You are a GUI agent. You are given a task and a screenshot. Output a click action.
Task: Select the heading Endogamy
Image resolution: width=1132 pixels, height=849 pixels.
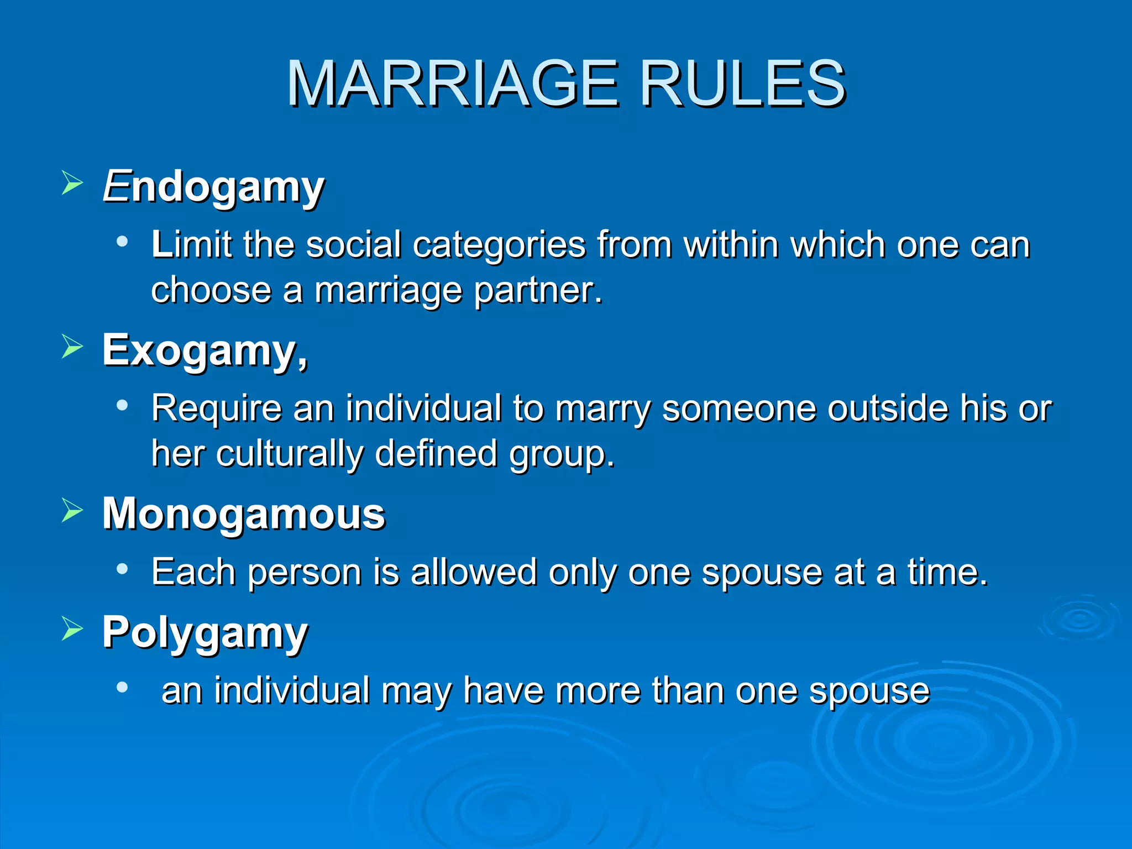pyautogui.click(x=213, y=187)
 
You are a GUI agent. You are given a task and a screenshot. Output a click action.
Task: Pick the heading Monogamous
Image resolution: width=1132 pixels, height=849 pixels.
pyautogui.click(x=244, y=513)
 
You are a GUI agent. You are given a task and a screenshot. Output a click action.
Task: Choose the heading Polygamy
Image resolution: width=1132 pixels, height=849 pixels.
pyautogui.click(x=205, y=632)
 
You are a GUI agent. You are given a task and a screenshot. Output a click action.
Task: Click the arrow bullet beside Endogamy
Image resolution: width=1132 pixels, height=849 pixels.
pyautogui.click(x=72, y=183)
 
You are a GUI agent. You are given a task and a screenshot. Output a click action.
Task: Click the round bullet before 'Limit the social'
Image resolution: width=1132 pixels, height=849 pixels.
pyautogui.click(x=122, y=242)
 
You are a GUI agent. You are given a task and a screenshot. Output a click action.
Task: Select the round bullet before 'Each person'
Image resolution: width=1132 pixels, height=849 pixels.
pyautogui.click(x=122, y=569)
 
